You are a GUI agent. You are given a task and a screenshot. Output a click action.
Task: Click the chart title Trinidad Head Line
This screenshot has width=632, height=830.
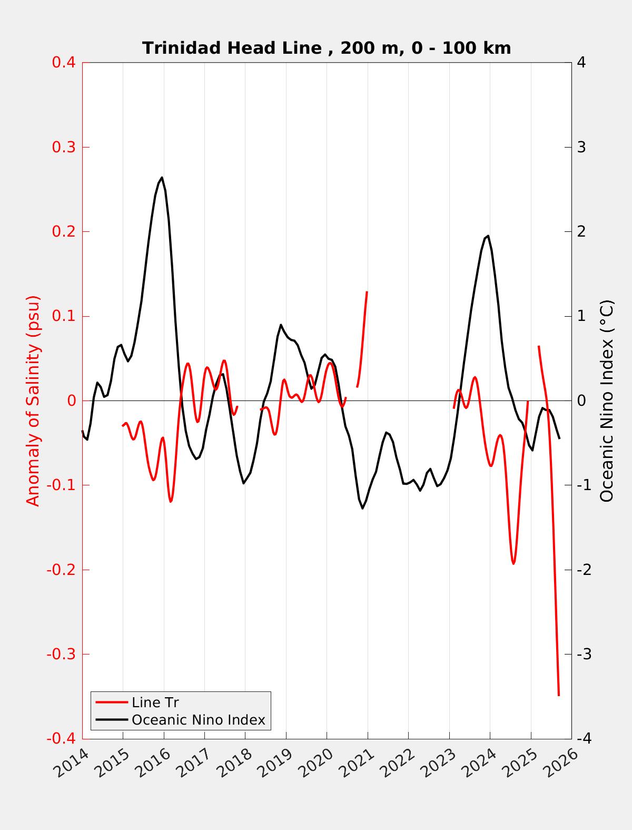[327, 48]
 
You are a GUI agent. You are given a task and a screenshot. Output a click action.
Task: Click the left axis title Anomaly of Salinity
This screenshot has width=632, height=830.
[33, 401]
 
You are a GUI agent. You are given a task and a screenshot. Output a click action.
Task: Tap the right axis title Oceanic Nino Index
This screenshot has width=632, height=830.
[607, 401]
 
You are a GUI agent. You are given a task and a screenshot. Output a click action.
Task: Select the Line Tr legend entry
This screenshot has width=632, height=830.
[155, 702]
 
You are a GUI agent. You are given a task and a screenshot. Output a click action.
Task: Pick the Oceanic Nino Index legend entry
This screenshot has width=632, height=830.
[198, 719]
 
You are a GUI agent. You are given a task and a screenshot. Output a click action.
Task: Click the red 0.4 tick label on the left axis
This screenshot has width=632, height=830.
[63, 62]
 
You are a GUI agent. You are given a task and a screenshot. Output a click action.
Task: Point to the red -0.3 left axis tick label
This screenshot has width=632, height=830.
[61, 654]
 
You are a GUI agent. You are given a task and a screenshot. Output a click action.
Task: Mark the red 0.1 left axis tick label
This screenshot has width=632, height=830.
[63, 316]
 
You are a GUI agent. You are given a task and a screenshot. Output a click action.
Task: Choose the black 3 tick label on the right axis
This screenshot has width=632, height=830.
[581, 147]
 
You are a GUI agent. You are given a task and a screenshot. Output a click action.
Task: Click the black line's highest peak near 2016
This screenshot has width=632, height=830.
[162, 178]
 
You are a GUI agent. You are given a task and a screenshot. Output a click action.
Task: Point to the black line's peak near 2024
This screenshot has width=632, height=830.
[488, 236]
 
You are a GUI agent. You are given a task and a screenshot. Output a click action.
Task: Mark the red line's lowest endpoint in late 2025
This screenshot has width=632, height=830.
[559, 695]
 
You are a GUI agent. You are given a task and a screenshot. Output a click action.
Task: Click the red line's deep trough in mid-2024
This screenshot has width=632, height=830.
[513, 563]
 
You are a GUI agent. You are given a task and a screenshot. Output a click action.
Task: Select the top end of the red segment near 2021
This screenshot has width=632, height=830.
[367, 291]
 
